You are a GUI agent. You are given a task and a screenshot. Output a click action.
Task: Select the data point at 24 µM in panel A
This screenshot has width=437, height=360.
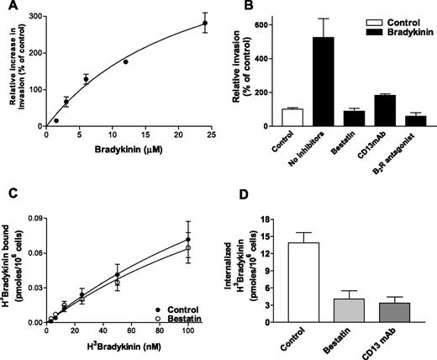pyautogui.click(x=204, y=23)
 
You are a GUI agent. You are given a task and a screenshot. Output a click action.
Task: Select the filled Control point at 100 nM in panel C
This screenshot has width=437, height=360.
pyautogui.click(x=188, y=239)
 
